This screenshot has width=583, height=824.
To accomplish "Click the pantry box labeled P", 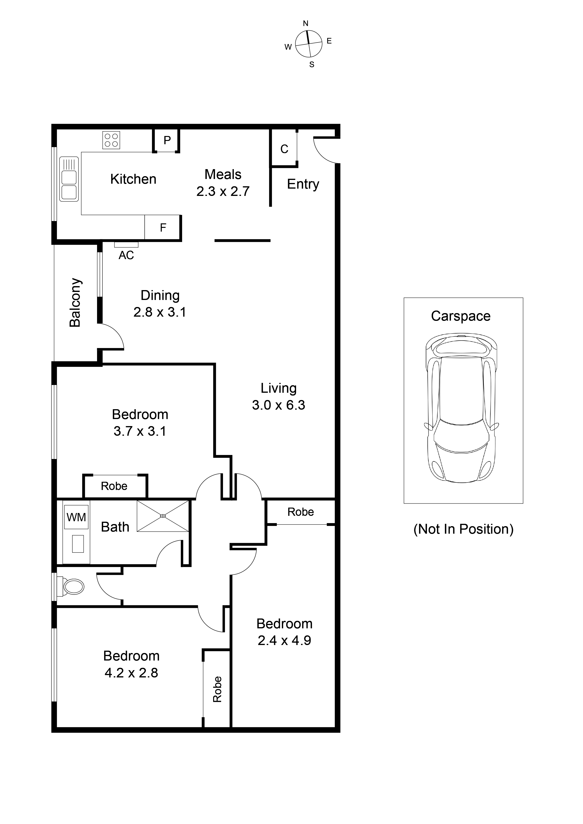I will [167, 140].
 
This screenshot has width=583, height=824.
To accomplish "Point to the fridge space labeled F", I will [163, 228].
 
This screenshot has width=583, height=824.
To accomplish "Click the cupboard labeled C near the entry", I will [284, 149].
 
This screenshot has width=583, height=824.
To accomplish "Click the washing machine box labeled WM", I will [76, 517].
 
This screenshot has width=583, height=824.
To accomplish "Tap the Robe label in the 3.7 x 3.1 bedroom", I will [114, 486].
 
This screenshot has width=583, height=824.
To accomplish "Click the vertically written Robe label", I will [217, 689].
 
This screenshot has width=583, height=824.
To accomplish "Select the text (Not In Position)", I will [463, 529].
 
